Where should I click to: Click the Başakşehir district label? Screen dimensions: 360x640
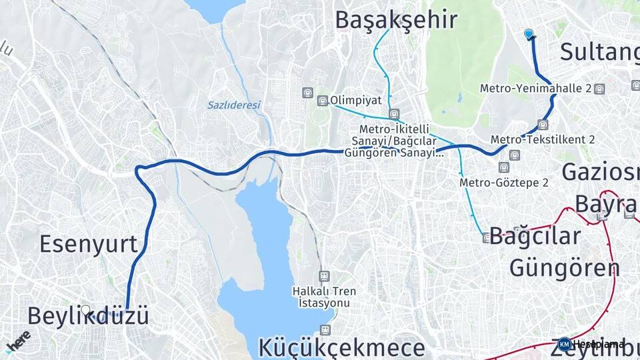tap(396, 19)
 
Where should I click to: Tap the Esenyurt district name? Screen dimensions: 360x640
tap(88, 244)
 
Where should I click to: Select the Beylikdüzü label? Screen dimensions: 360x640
tap(88, 316)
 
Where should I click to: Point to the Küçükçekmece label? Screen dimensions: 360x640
tap(341, 347)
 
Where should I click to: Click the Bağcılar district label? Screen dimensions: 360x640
tap(535, 237)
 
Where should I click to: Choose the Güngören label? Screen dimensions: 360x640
tap(565, 267)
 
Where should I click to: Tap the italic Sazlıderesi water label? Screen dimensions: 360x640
tap(233, 105)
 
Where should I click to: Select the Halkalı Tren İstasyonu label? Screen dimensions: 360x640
tap(324, 297)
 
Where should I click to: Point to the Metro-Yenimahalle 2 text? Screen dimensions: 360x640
tap(536, 88)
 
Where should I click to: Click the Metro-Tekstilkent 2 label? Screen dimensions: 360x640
tap(543, 139)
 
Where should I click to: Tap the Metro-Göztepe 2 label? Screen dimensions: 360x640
tap(504, 182)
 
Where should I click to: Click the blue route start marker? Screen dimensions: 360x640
tap(529, 34)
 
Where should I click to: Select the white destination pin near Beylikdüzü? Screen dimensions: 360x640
tap(86, 310)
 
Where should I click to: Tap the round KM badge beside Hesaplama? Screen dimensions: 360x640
tap(565, 344)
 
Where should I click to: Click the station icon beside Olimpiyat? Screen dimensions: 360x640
tap(323, 101)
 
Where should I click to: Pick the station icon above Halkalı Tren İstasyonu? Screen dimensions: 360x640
tap(324, 275)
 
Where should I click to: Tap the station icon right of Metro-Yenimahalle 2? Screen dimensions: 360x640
tap(601, 88)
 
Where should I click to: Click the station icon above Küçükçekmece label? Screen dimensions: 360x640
tap(325, 329)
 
